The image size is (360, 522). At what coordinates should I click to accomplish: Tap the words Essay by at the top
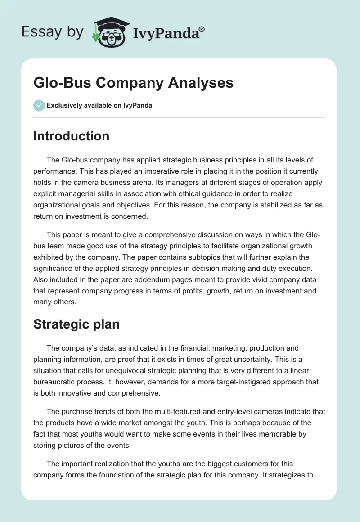tap(53, 32)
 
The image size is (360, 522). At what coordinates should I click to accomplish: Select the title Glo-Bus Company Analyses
tap(133, 82)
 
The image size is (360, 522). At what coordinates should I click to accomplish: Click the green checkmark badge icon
tap(39, 105)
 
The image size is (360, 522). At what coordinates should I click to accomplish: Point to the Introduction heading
tap(71, 136)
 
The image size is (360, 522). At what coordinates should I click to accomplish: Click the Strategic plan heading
tap(76, 324)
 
